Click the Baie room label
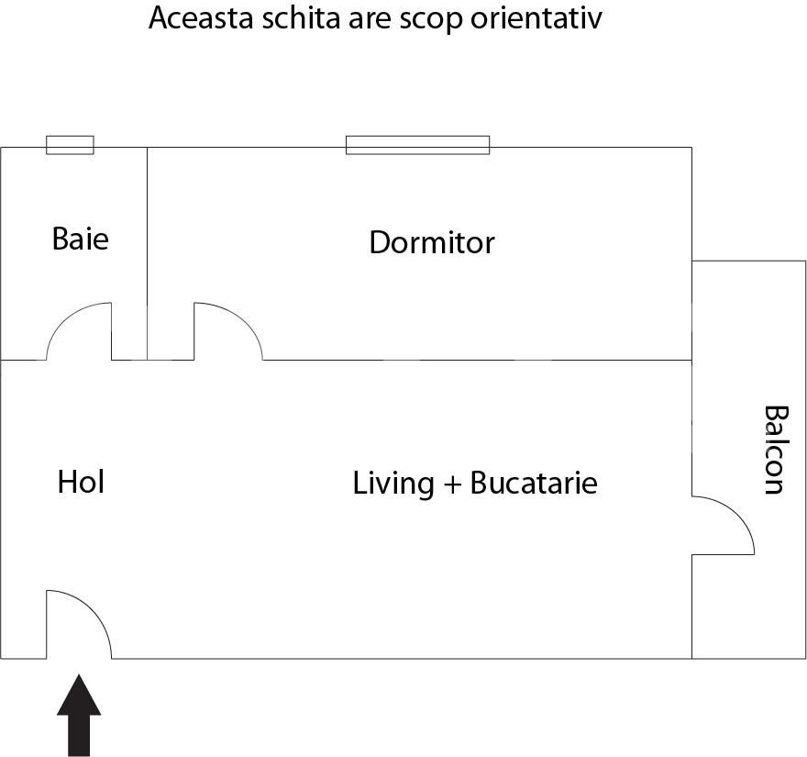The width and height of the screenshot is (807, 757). pyautogui.click(x=81, y=239)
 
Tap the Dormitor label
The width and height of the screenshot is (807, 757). pyautogui.click(x=431, y=242)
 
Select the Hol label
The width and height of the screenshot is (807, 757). pyautogui.click(x=81, y=482)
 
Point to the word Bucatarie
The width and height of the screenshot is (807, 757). pyautogui.click(x=533, y=483)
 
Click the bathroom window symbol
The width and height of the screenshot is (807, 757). pyautogui.click(x=70, y=145)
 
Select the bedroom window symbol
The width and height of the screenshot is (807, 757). pyautogui.click(x=417, y=145)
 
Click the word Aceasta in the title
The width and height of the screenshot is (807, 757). pyautogui.click(x=194, y=18)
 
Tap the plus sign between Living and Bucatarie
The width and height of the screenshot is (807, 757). pyautogui.click(x=451, y=484)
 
